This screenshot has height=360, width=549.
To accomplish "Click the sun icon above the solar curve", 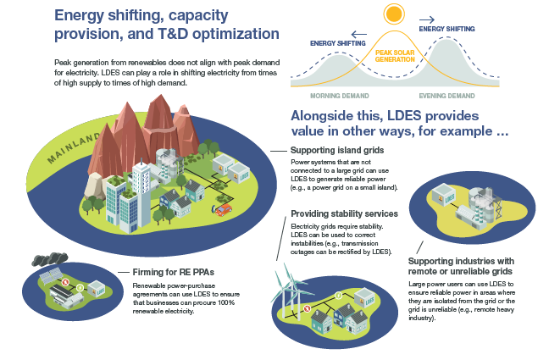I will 392,14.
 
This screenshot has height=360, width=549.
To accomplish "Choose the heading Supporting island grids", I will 335,150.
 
